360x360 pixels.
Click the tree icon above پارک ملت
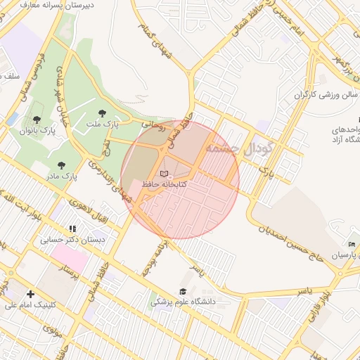103,112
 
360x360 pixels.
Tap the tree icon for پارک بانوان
37,120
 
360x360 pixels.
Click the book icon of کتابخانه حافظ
164,174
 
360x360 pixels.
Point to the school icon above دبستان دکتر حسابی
72,229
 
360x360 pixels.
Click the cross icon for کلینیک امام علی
30,294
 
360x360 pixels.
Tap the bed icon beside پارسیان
352,244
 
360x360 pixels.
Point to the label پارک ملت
103,124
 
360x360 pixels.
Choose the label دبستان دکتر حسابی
72,240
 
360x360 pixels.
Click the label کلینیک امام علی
30,305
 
